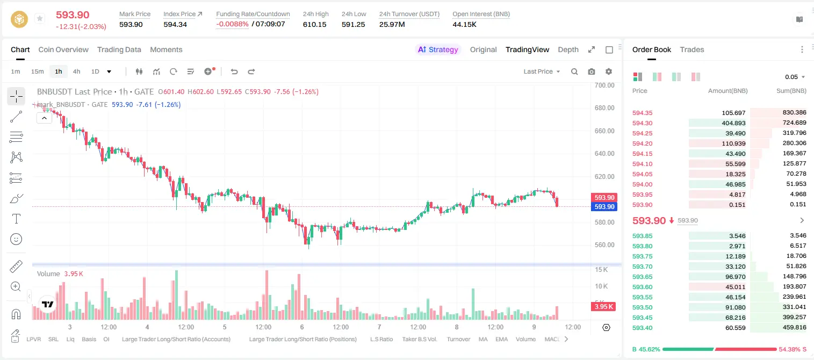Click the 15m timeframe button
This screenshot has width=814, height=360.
point(38,71)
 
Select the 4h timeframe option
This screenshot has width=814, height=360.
point(76,71)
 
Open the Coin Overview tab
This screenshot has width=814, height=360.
point(63,49)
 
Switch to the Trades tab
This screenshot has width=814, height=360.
point(692,49)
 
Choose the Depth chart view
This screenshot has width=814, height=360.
point(568,49)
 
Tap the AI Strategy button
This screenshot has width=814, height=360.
point(438,49)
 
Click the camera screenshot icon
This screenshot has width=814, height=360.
point(591,71)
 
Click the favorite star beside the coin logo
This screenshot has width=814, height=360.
point(40,18)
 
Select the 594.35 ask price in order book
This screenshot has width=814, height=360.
point(642,113)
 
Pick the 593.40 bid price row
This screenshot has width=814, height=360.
point(642,328)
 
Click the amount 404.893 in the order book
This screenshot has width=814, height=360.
point(733,123)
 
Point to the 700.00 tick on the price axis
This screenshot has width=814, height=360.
point(604,85)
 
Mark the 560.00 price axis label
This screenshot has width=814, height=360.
point(604,245)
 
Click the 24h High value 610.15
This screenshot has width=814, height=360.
point(315,24)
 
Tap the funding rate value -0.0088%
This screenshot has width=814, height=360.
point(232,24)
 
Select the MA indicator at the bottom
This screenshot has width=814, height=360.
point(483,339)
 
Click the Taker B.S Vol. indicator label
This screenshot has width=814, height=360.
point(419,339)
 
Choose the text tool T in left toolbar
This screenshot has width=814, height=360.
point(16,219)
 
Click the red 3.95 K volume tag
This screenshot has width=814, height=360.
point(603,307)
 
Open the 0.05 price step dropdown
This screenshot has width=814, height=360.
point(795,77)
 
